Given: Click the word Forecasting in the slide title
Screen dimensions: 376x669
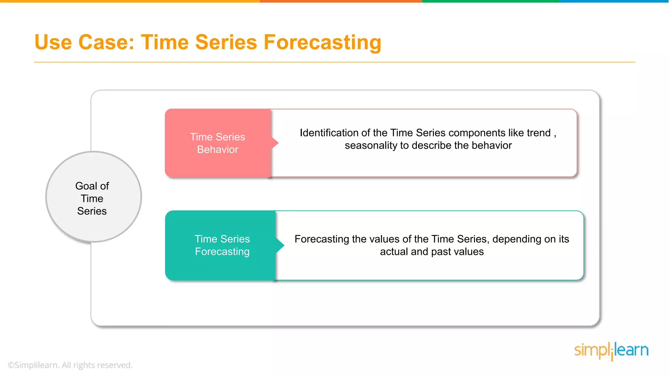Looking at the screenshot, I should point(322,42).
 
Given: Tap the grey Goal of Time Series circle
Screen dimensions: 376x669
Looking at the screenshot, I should point(93,197).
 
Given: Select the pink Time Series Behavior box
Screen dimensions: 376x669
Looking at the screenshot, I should point(218,143).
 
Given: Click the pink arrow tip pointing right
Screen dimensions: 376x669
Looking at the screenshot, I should point(276,143).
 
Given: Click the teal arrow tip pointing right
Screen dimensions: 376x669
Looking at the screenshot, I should point(281,245).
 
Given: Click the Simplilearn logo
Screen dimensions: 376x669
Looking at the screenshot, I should point(611,351).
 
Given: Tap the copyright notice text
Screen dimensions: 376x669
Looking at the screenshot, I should point(70,365).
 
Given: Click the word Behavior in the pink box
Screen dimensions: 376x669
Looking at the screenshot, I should point(218,149).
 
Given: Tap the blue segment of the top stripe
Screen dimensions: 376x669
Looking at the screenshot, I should point(614,1).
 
